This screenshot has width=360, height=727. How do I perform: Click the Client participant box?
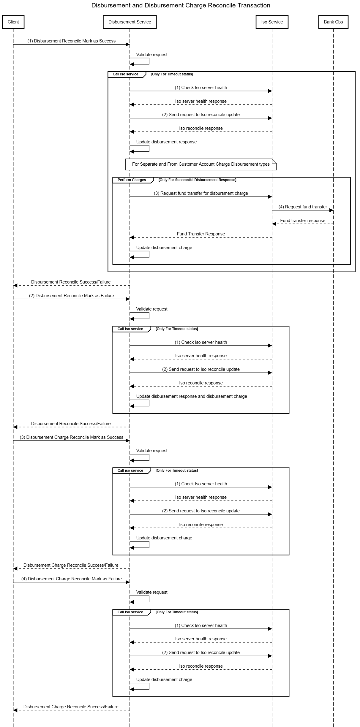[x=13, y=22]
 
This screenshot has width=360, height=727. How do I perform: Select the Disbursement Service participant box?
[x=130, y=22]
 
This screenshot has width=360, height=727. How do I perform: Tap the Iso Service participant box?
[x=272, y=22]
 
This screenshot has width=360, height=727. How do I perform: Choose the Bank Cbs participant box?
[x=333, y=22]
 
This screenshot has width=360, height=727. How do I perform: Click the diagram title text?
[x=181, y=5]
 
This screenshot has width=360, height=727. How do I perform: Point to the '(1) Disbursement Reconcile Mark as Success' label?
[x=71, y=41]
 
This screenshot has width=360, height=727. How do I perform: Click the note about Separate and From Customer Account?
[x=201, y=164]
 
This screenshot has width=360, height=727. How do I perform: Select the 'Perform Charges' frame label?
[x=132, y=180]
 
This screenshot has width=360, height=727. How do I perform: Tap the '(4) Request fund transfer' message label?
[x=302, y=207]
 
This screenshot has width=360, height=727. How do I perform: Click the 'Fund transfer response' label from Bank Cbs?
[x=302, y=221]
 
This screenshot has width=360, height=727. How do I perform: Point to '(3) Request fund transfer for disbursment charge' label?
[x=201, y=193]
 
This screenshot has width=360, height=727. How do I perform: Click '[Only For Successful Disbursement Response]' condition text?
[x=197, y=180]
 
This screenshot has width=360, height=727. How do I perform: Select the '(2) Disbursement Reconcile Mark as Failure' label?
[x=71, y=296]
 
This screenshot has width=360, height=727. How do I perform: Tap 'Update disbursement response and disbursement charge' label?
[x=192, y=396]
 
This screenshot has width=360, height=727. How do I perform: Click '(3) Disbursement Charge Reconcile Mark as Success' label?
[x=71, y=437]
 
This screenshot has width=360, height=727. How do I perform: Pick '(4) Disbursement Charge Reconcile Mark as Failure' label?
[x=71, y=579]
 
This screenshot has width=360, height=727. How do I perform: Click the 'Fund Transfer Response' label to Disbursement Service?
[x=201, y=234]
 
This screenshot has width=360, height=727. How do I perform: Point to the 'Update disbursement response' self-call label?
[x=166, y=142]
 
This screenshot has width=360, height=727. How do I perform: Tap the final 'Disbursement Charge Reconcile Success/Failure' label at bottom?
[x=71, y=707]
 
